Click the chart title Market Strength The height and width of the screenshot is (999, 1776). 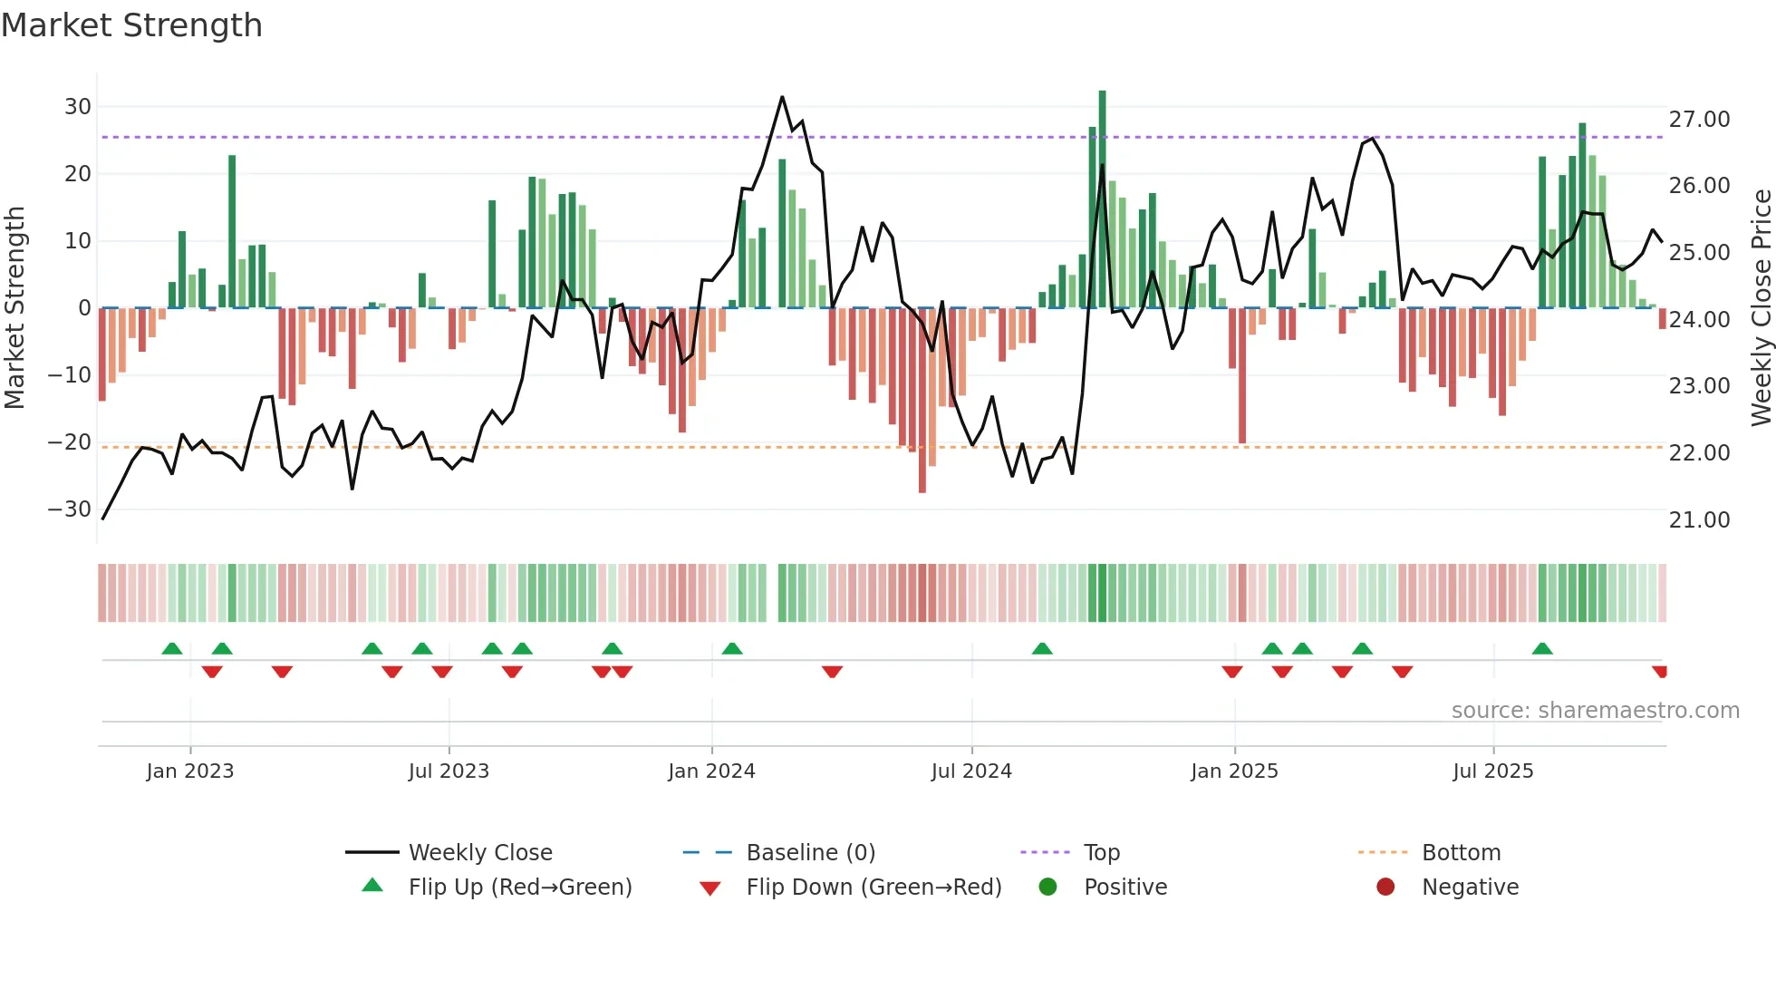pyautogui.click(x=131, y=25)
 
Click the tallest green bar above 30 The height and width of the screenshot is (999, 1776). pyautogui.click(x=1102, y=199)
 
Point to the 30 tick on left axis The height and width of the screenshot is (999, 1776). pyautogui.click(x=78, y=107)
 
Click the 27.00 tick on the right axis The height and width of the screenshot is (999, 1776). pyautogui.click(x=1699, y=120)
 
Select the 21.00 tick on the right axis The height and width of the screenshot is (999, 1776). pyautogui.click(x=1699, y=520)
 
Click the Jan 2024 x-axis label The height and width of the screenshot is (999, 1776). pyautogui.click(x=711, y=771)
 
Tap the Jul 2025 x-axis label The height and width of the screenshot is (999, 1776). pyautogui.click(x=1492, y=771)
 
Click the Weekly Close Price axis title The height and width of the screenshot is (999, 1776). pyautogui.click(x=1761, y=308)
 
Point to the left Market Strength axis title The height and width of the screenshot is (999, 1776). pyautogui.click(x=14, y=308)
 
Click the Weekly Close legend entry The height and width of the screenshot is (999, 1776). pyautogui.click(x=479, y=853)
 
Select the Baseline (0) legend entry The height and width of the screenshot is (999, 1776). pyautogui.click(x=810, y=853)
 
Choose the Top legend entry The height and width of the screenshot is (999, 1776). pyautogui.click(x=1101, y=853)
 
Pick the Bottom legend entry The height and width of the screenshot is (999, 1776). pyautogui.click(x=1461, y=853)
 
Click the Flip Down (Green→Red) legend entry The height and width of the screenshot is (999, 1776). pyautogui.click(x=874, y=887)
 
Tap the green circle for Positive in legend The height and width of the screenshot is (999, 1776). pyautogui.click(x=1048, y=887)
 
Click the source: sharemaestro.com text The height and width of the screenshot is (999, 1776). pyautogui.click(x=1595, y=711)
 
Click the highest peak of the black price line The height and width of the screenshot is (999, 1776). pyautogui.click(x=782, y=97)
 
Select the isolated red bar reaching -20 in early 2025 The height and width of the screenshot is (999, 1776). pyautogui.click(x=1242, y=375)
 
